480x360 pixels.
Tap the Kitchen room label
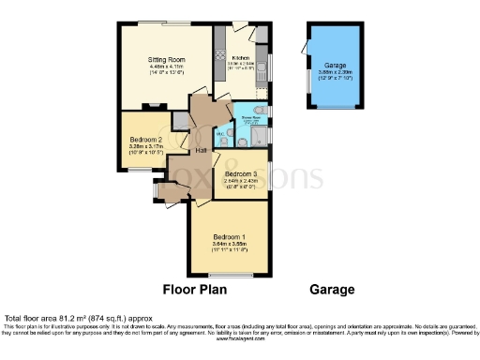click(241, 57)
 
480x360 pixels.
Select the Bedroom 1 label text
click(230, 236)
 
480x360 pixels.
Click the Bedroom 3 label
click(241, 173)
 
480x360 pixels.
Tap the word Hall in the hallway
click(201, 150)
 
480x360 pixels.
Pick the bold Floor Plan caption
click(195, 290)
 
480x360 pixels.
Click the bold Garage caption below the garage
click(333, 290)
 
